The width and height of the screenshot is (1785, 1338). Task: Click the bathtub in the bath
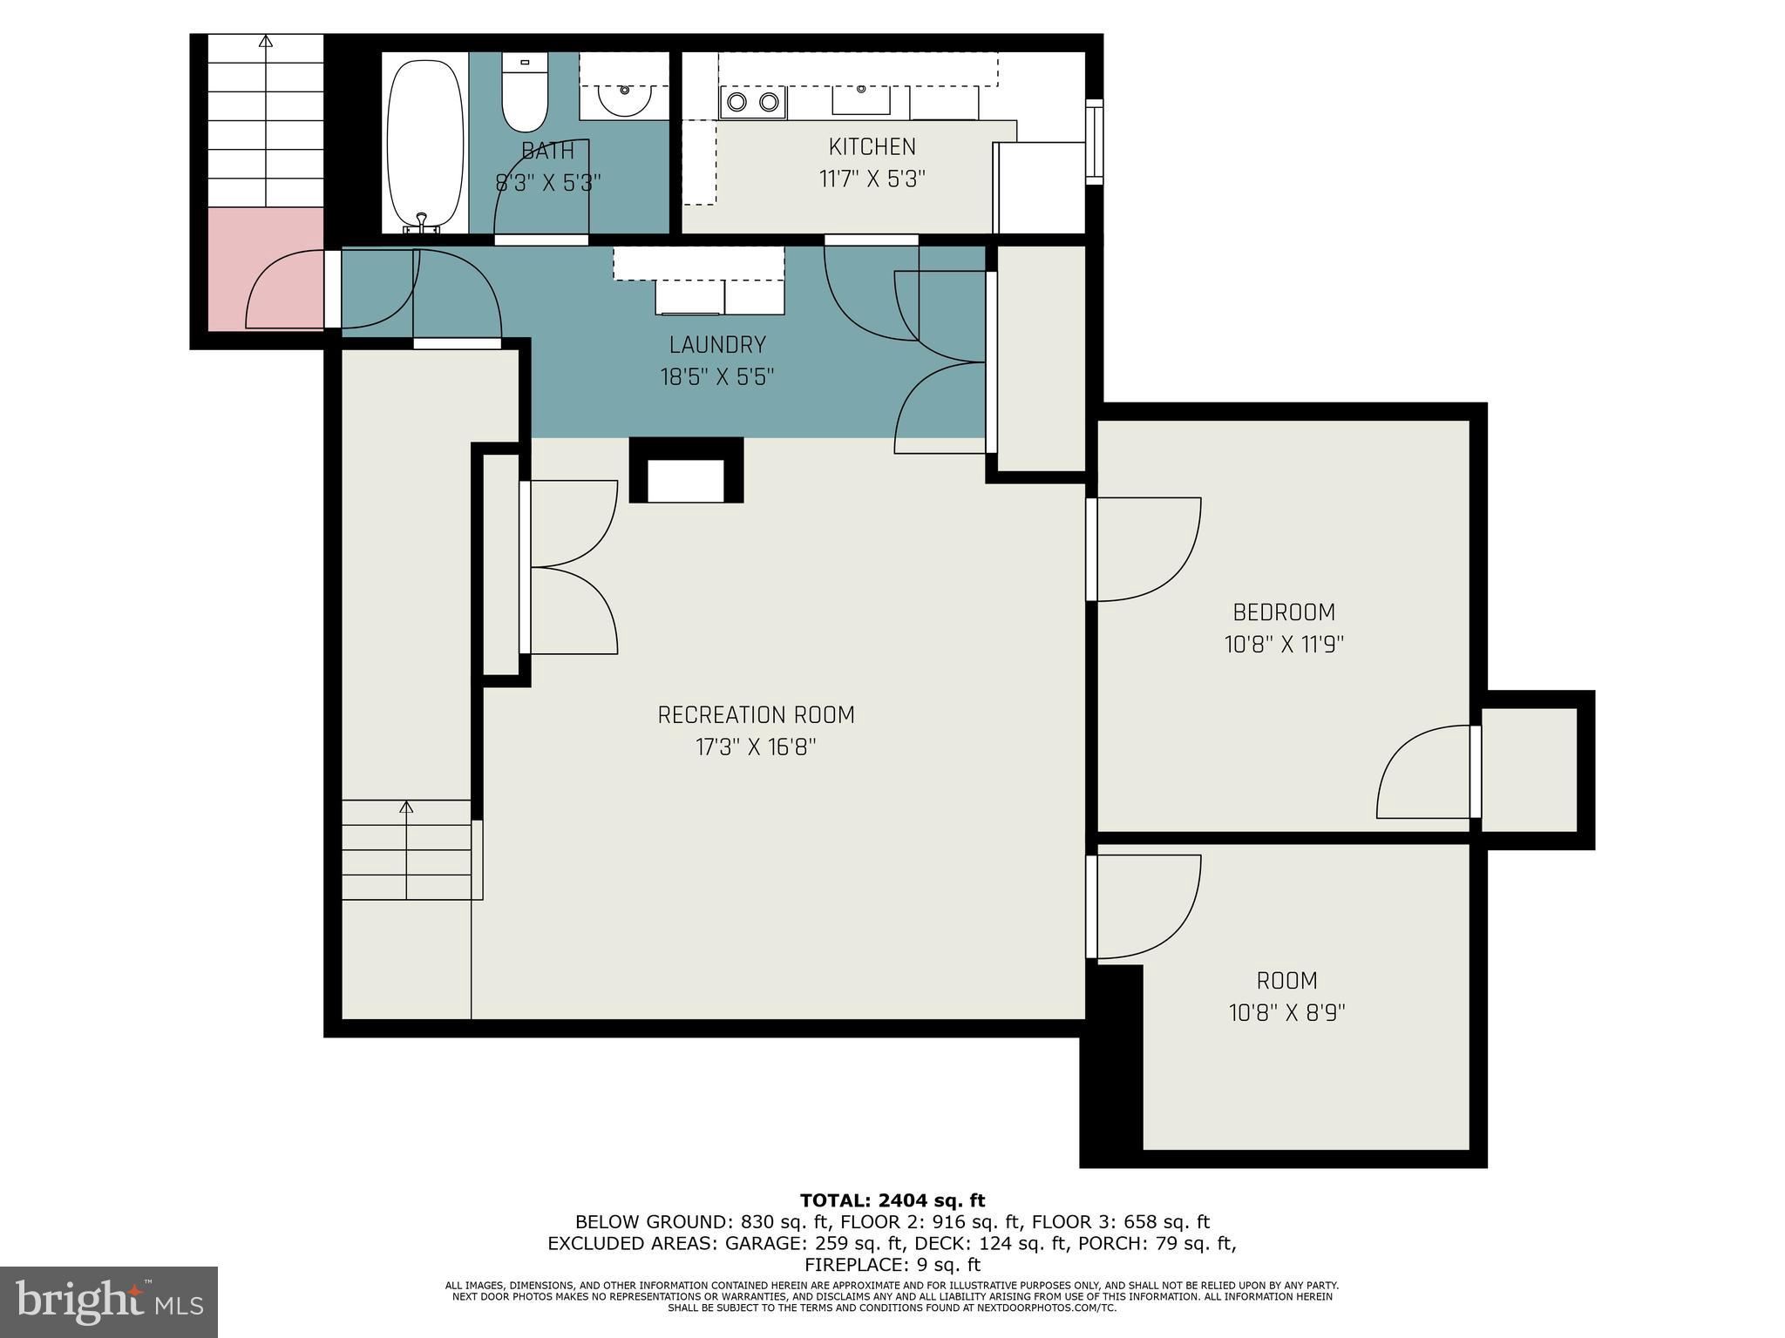[x=424, y=144]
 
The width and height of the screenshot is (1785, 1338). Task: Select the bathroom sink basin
[x=624, y=101]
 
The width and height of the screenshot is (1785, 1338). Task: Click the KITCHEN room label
[x=872, y=146]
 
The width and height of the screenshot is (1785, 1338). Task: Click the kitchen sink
[x=861, y=100]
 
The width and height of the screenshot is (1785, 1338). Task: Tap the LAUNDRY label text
[x=717, y=345]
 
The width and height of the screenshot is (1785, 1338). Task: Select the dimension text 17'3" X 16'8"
[x=756, y=748]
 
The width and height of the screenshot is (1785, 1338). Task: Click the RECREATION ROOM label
[x=756, y=715]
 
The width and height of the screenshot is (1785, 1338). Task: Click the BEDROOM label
[x=1283, y=612]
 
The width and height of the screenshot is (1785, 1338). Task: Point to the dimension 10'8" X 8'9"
[x=1286, y=1013]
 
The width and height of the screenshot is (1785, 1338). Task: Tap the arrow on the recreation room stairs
[x=406, y=808]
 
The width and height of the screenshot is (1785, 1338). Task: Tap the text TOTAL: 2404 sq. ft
[x=892, y=1201]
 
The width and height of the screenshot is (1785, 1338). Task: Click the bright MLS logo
[x=108, y=1301]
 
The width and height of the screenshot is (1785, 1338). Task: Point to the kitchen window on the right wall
[x=1093, y=142]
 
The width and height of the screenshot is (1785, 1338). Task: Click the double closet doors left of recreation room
[x=571, y=566]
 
